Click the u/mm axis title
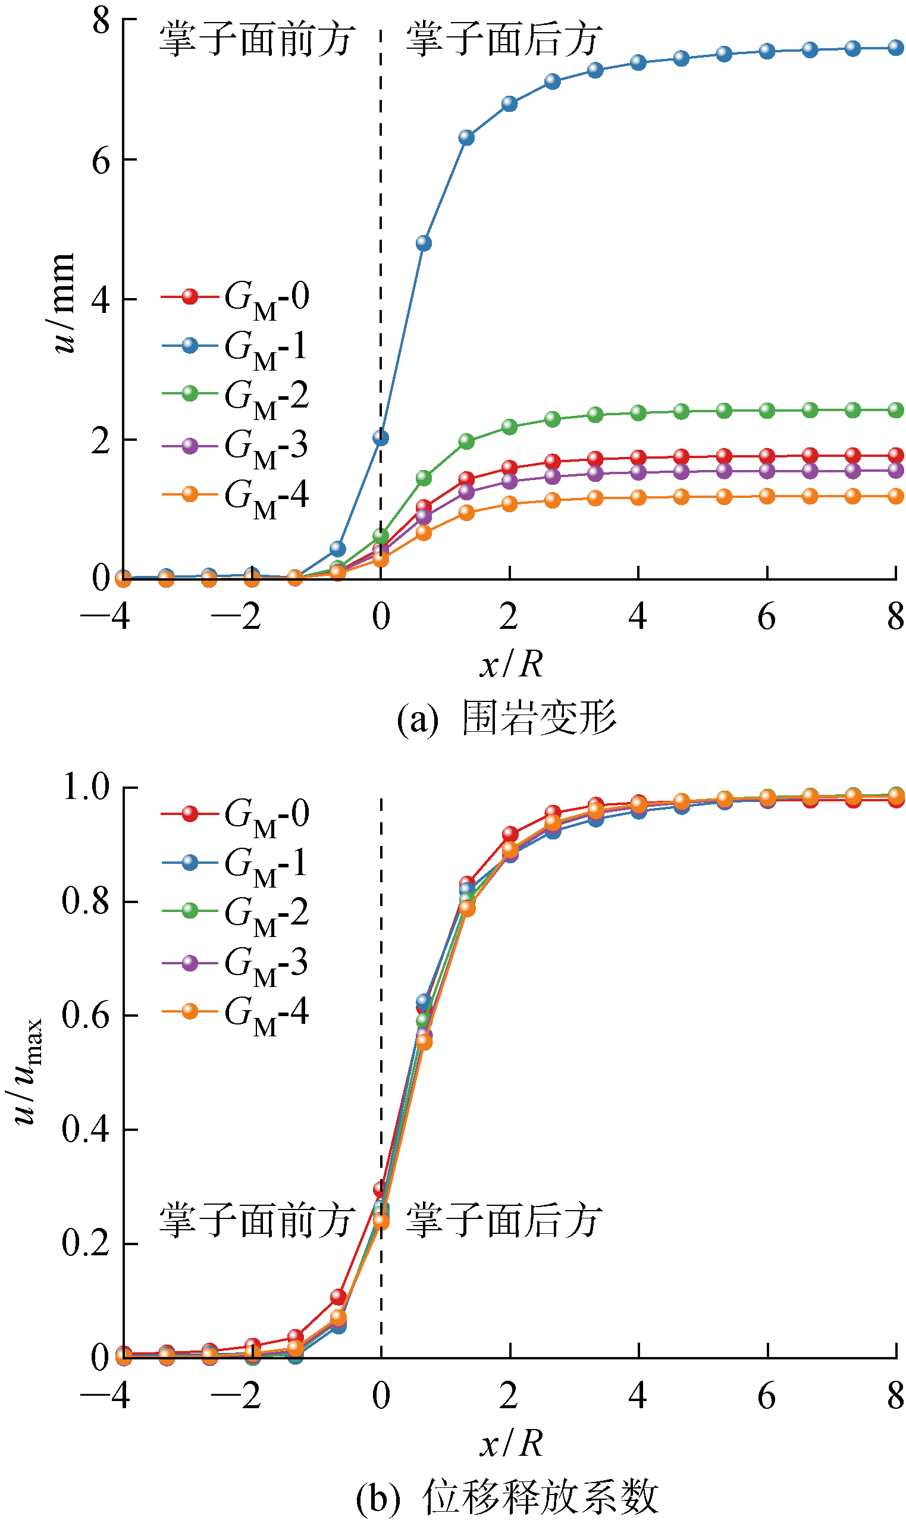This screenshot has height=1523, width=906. click(x=63, y=302)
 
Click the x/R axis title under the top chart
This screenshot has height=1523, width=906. click(x=511, y=663)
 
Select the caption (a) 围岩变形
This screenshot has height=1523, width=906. click(x=507, y=718)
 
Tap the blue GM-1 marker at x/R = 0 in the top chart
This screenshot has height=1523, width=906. click(x=380, y=438)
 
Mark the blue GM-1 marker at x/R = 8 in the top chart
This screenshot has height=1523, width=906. click(x=896, y=48)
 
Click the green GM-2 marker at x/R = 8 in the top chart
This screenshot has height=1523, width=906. click(x=896, y=409)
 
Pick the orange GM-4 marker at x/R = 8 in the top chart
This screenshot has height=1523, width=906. click(x=896, y=496)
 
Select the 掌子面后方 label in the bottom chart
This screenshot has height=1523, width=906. click(x=504, y=1220)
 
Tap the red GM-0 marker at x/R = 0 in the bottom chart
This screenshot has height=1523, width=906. click(x=380, y=1189)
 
